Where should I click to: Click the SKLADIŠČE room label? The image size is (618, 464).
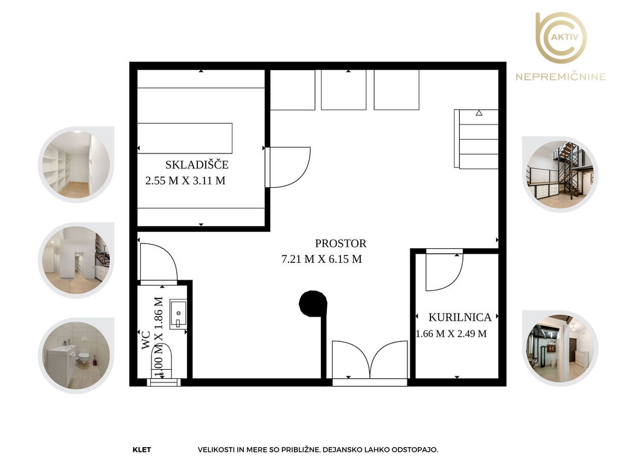[197, 164]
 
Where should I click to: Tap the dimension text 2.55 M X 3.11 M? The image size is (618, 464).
[185, 181]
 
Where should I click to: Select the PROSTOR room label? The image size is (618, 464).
[340, 243]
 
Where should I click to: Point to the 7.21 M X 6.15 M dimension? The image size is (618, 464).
[322, 259]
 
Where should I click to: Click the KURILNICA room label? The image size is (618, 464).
[460, 317]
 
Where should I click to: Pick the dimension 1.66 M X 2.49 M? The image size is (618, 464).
[451, 333]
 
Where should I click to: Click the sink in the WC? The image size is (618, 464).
[178, 314]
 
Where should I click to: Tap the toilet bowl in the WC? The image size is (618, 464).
[162, 360]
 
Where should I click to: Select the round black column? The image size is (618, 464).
[313, 303]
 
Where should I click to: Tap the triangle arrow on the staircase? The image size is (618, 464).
[479, 113]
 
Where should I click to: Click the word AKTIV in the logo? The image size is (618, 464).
[565, 37]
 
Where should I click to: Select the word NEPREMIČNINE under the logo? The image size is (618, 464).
[561, 76]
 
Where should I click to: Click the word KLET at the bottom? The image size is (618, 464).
[142, 449]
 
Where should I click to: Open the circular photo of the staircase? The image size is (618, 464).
[560, 175]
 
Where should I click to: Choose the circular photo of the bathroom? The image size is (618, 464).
[76, 355]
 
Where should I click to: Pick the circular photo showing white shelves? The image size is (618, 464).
[76, 164]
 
